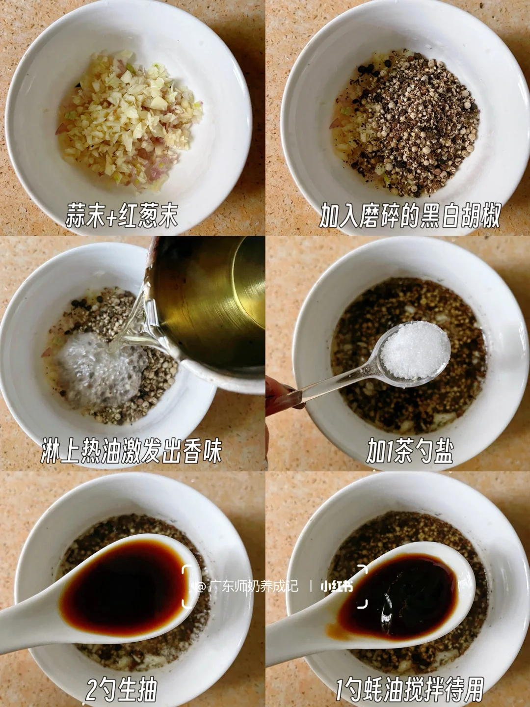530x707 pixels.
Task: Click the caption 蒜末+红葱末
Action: pyautogui.click(x=122, y=215)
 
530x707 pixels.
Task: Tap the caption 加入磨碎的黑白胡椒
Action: pyautogui.click(x=410, y=215)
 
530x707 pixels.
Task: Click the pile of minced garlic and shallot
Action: pyautogui.click(x=129, y=119)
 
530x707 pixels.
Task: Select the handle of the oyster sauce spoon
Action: pyautogui.click(x=299, y=631)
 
